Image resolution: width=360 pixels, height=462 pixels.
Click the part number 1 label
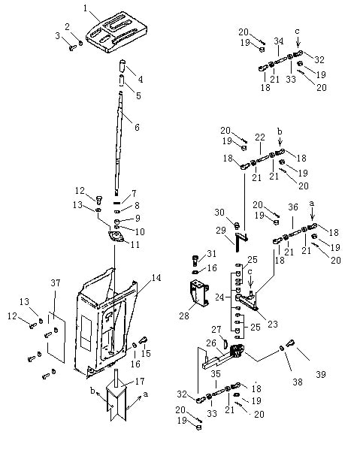pyautogui.click(x=86, y=8)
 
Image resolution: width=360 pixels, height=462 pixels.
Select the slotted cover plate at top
pyautogui.click(x=116, y=32)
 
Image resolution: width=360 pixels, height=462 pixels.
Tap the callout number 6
pyautogui.click(x=137, y=127)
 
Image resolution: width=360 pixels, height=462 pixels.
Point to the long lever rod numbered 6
pyautogui.click(x=119, y=143)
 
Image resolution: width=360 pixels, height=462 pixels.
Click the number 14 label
pyautogui.click(x=156, y=278)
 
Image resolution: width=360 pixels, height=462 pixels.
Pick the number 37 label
pyautogui.click(x=56, y=283)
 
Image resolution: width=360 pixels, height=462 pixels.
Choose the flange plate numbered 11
pyautogui.click(x=116, y=237)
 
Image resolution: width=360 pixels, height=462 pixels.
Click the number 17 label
pyautogui.click(x=140, y=382)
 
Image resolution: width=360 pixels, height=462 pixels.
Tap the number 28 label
pyautogui.click(x=184, y=316)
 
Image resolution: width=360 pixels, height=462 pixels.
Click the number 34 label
pyautogui.click(x=279, y=41)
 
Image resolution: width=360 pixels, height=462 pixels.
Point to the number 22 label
pyautogui.click(x=260, y=137)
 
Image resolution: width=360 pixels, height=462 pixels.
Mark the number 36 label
pyautogui.click(x=293, y=207)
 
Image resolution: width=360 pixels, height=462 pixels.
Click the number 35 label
pyautogui.click(x=216, y=374)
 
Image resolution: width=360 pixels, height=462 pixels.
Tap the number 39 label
pyautogui.click(x=321, y=375)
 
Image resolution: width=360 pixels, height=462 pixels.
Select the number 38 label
pyautogui.click(x=298, y=382)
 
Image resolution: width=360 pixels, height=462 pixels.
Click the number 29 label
pyautogui.click(x=221, y=231)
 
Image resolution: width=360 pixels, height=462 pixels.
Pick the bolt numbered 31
pyautogui.click(x=195, y=261)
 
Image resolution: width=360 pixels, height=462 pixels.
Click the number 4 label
pyautogui.click(x=141, y=80)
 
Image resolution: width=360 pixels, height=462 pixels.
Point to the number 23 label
pyautogui.click(x=273, y=324)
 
